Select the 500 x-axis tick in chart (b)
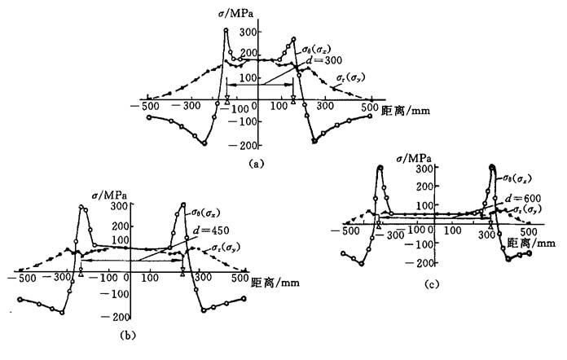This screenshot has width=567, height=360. click(x=240, y=279)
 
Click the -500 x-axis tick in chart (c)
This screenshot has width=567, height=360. click(x=351, y=232)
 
